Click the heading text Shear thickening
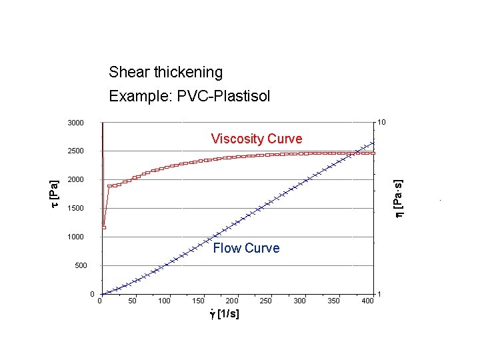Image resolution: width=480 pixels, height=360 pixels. (x=165, y=72)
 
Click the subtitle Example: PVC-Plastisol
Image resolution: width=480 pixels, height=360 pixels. (x=189, y=97)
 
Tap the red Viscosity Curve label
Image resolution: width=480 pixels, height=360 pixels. (x=256, y=139)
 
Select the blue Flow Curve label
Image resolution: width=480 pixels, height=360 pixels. (x=246, y=248)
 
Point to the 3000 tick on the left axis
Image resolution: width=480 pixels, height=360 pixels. (x=75, y=123)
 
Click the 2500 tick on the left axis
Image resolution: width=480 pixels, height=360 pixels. (x=75, y=151)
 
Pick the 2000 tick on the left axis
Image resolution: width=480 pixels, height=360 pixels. (x=75, y=180)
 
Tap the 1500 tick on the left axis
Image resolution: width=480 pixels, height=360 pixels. (x=75, y=209)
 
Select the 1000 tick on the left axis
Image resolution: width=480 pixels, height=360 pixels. (x=75, y=237)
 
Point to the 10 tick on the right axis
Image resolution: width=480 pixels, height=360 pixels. (x=381, y=123)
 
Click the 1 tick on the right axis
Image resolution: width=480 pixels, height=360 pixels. (x=379, y=294)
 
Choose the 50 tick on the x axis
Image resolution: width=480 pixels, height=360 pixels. (x=133, y=301)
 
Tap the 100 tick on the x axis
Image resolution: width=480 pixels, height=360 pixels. (x=164, y=301)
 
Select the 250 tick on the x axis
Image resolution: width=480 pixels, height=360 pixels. (x=265, y=301)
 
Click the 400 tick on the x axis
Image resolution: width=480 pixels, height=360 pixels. (x=367, y=301)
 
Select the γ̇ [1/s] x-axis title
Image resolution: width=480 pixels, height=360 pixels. (x=224, y=314)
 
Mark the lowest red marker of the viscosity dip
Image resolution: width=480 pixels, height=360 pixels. (x=104, y=227)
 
